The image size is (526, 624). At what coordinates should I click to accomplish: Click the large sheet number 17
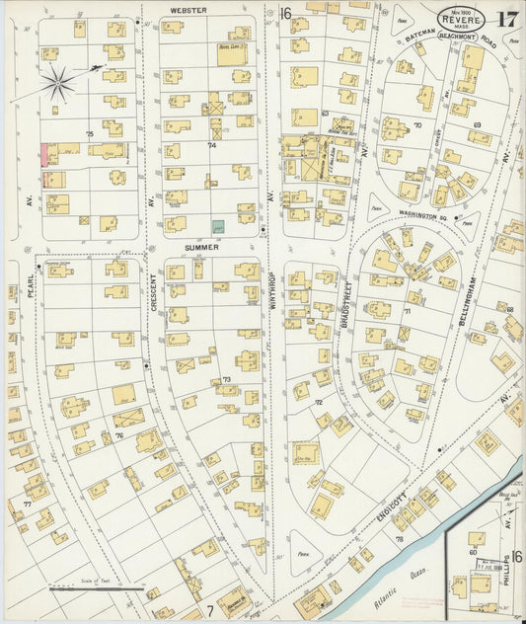click(507, 19)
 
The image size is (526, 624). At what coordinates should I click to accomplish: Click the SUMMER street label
click(201, 247)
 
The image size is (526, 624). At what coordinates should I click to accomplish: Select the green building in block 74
click(219, 226)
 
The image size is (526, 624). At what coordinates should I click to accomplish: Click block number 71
click(405, 310)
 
